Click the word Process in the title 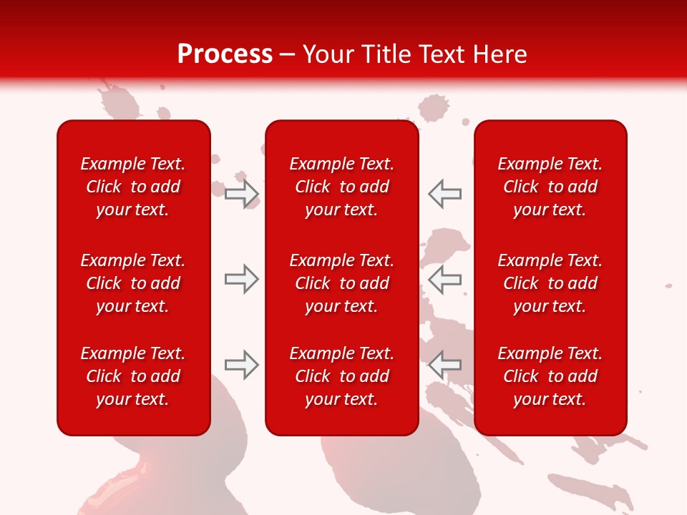coord(225,54)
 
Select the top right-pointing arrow coord(242,194)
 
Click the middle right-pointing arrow coord(242,279)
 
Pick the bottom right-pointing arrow coord(242,365)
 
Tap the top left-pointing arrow coord(444,194)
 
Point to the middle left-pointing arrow coord(444,279)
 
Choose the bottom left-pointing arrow coord(444,365)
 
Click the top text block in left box coord(133,187)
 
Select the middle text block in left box coord(133,283)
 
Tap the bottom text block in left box coord(133,376)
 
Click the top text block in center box coord(341,187)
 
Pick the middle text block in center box coord(341,283)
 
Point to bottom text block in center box coord(341,376)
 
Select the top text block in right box coord(550,187)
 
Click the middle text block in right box coord(550,283)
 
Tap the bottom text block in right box coord(550,376)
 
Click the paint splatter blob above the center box coord(431,109)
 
